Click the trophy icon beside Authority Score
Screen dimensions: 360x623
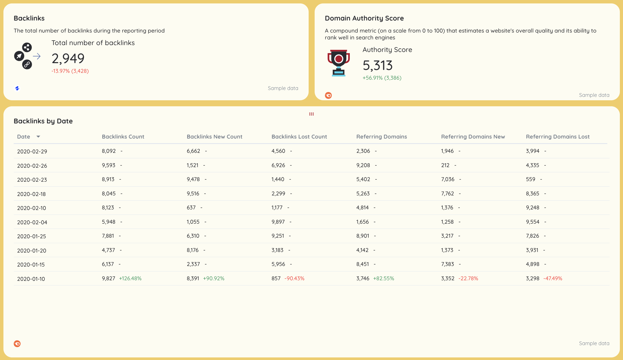(x=339, y=63)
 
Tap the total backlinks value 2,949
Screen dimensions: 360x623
(x=68, y=59)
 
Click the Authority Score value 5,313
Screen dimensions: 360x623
(x=378, y=65)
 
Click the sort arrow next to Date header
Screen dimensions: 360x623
(x=38, y=137)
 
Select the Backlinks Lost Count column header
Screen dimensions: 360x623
(x=299, y=137)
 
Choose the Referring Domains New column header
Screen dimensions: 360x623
(x=473, y=137)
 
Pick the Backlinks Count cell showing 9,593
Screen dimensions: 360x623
(x=109, y=165)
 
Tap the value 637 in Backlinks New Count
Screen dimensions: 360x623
(x=191, y=207)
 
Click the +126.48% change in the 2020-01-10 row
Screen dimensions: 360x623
(x=130, y=278)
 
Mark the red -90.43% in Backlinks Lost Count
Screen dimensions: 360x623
(x=294, y=278)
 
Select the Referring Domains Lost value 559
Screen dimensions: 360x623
(x=530, y=179)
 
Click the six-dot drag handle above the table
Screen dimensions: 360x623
(x=311, y=114)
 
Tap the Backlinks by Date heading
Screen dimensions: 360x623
(x=43, y=121)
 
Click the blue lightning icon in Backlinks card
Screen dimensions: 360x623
(x=17, y=89)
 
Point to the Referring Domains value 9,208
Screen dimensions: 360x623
(x=363, y=165)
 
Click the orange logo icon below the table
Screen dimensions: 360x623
(x=17, y=344)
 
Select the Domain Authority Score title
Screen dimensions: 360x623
(x=364, y=18)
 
